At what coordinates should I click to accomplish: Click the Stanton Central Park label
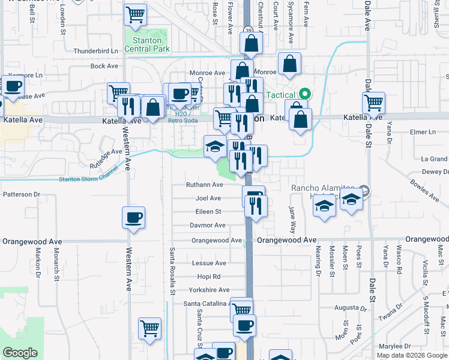(x=147, y=44)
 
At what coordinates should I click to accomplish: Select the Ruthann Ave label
(x=205, y=185)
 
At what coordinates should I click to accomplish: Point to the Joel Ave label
(x=208, y=198)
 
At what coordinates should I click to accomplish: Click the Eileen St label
(x=208, y=211)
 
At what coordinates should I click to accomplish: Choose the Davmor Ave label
(x=208, y=225)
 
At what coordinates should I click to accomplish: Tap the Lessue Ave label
(x=209, y=263)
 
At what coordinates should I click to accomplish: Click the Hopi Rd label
(x=209, y=277)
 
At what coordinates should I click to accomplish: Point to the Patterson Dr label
(x=21, y=194)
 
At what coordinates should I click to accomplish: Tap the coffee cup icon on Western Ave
(x=133, y=217)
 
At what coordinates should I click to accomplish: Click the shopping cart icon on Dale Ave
(x=374, y=103)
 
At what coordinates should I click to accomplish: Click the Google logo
(x=20, y=353)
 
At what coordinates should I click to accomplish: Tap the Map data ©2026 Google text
(x=412, y=355)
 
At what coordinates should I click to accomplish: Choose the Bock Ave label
(x=104, y=66)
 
